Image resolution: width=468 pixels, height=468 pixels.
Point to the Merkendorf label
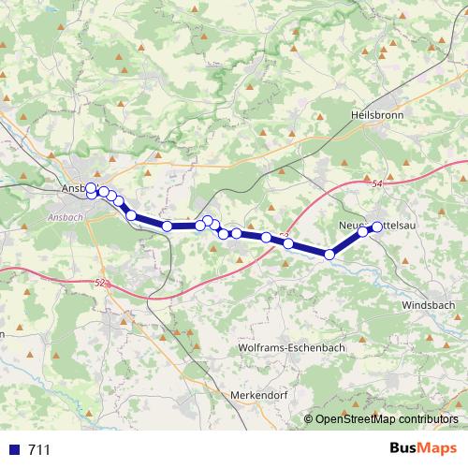point(257,395)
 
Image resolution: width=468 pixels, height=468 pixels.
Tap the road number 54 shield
point(377,185)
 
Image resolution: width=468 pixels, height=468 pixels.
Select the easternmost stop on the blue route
point(378,226)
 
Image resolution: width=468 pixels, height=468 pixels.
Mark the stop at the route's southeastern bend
point(329,254)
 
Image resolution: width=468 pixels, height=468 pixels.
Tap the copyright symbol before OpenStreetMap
point(310,419)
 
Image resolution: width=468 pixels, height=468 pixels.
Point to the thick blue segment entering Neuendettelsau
point(347,241)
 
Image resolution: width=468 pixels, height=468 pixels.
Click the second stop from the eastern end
point(363,232)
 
